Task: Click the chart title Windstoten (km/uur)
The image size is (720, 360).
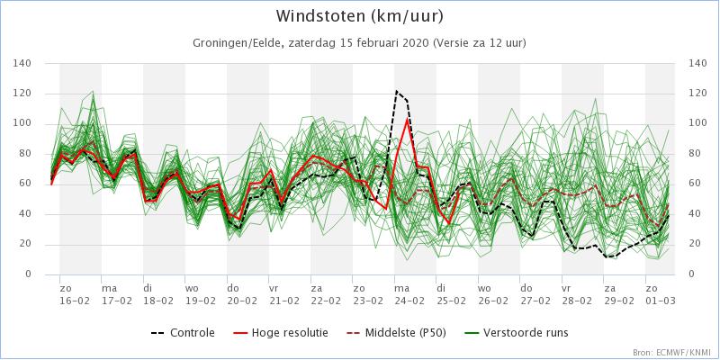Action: [359, 16]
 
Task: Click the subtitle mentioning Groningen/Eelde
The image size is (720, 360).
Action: [359, 42]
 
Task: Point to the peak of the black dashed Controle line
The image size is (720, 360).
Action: [397, 91]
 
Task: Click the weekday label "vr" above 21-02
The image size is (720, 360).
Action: [274, 287]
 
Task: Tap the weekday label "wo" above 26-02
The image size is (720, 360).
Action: [483, 287]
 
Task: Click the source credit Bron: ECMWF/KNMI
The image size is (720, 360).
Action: [671, 352]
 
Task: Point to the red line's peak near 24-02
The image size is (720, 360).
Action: [408, 118]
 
